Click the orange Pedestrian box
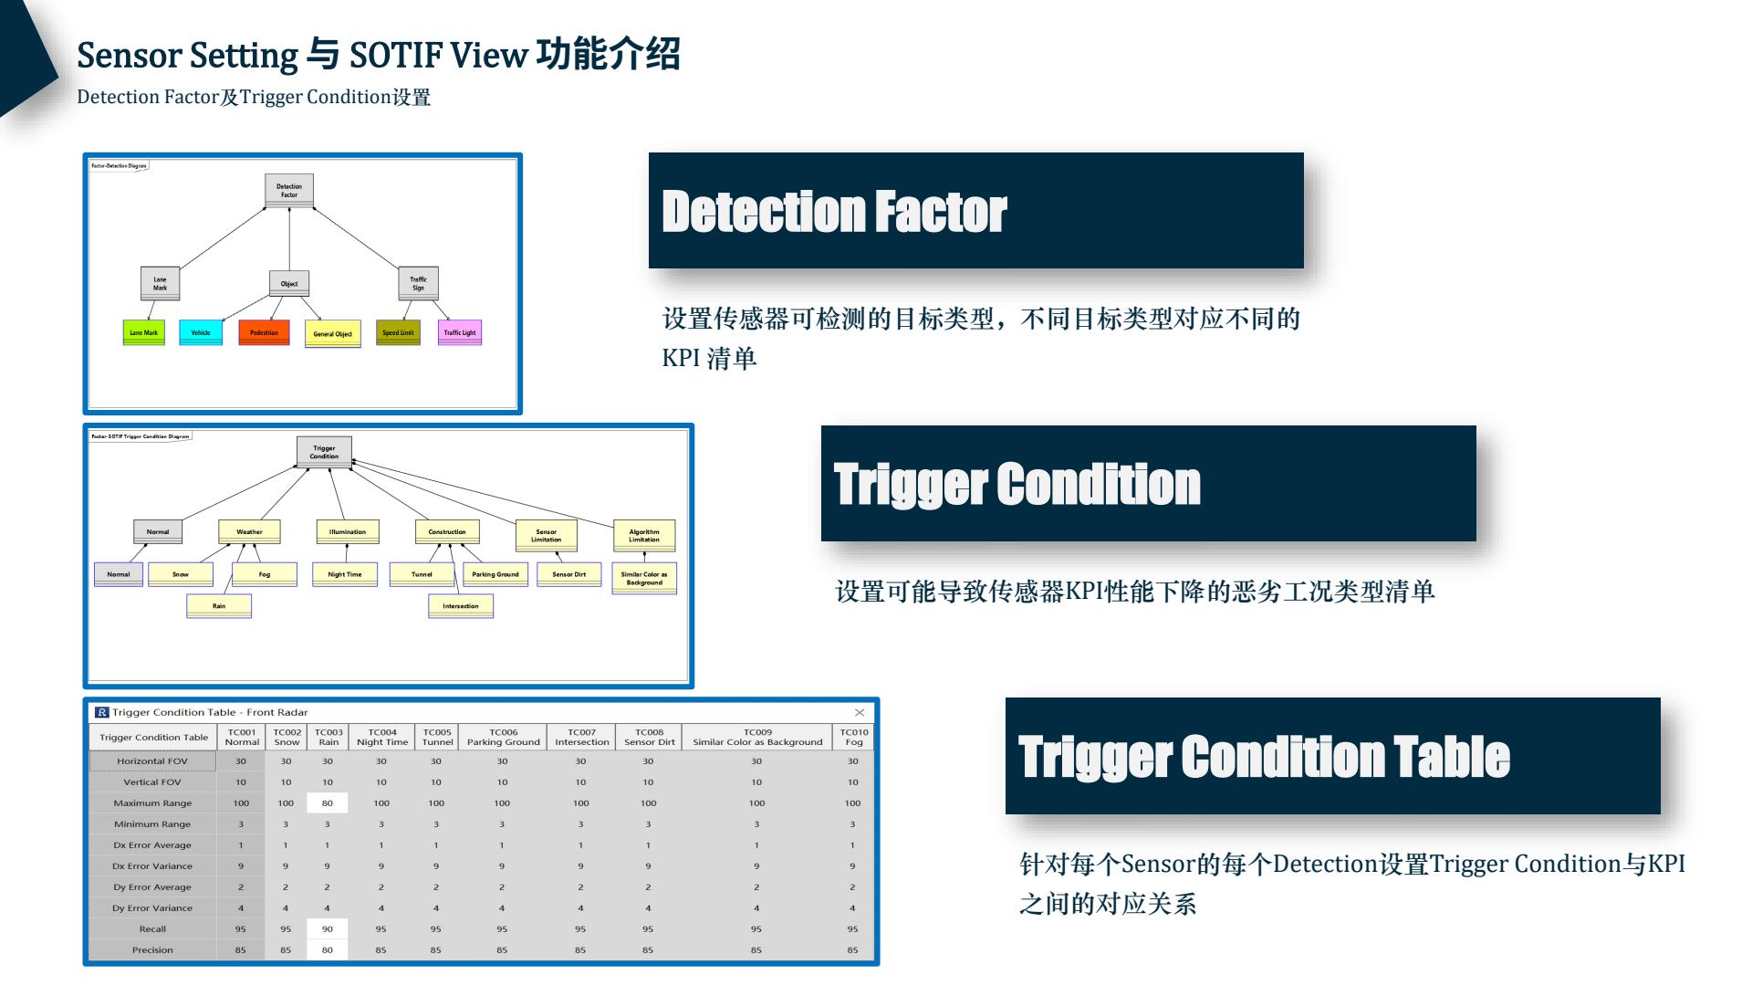pos(264,332)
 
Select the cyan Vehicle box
pos(201,332)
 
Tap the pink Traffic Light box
pos(460,332)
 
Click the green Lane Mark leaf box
pos(143,332)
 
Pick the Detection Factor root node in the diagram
pos(289,190)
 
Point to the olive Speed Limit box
pos(398,332)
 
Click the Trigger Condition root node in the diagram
pos(324,452)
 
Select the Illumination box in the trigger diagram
pos(347,531)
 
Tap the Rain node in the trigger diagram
pos(219,605)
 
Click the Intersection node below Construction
pos(461,605)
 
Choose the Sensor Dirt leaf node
pos(569,574)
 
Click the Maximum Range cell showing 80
pos(328,803)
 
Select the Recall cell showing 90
pos(328,929)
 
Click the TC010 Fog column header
pos(854,737)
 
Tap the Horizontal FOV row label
pos(152,761)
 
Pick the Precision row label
pos(152,950)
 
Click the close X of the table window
pos(860,712)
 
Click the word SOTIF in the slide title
pos(395,56)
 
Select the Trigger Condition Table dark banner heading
pos(1332,756)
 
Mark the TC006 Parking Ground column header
pos(503,737)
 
